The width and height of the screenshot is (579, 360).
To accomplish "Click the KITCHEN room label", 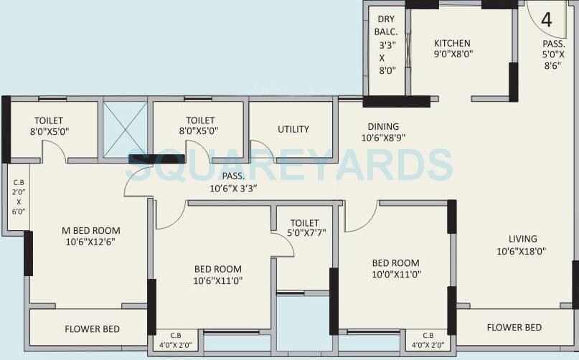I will (x=452, y=43).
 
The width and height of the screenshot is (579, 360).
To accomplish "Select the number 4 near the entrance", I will (x=547, y=19).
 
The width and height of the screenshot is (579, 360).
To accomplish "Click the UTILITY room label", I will (x=293, y=129).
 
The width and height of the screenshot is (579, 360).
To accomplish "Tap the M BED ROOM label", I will (x=90, y=230).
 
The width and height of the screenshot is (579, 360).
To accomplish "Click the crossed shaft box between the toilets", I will (x=125, y=128).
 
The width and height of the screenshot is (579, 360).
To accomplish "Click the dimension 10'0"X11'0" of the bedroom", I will (x=396, y=274).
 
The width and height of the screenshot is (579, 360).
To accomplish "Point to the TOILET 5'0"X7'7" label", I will (x=305, y=228).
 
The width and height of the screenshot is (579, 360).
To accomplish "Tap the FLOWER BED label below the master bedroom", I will (x=93, y=329).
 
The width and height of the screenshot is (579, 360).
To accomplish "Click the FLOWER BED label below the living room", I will (x=514, y=328).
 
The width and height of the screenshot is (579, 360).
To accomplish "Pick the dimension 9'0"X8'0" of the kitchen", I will (x=452, y=54).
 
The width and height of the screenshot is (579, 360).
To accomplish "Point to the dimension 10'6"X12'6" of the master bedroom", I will (x=90, y=242).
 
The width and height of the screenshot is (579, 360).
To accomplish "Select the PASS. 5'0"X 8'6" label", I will (x=553, y=54).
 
